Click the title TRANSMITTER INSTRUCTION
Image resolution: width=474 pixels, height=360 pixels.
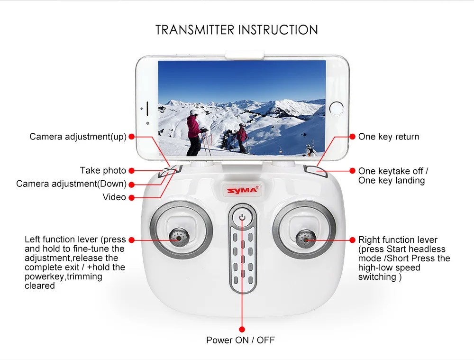click(x=237, y=30)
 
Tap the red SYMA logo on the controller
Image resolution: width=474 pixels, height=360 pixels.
click(x=242, y=190)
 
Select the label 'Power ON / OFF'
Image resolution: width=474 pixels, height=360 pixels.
click(x=240, y=340)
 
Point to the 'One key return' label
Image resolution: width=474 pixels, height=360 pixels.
click(x=389, y=137)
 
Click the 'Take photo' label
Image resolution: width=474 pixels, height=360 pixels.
click(x=103, y=170)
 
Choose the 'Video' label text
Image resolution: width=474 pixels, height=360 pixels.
click(x=114, y=197)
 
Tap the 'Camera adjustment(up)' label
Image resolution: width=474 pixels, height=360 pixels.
click(x=78, y=137)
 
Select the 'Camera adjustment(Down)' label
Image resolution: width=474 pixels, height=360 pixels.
click(x=71, y=184)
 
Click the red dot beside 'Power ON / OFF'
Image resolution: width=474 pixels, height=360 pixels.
click(x=242, y=329)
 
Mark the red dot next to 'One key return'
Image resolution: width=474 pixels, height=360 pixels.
click(x=352, y=137)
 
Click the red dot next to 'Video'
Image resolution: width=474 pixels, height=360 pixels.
click(x=131, y=197)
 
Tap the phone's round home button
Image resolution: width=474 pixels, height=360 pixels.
click(x=337, y=107)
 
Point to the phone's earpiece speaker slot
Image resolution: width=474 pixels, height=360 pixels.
click(x=147, y=107)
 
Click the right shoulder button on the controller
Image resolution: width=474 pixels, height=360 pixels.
click(x=314, y=171)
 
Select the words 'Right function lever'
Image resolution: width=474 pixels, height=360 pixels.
click(x=398, y=240)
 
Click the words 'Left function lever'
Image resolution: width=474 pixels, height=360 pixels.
click(x=62, y=239)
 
